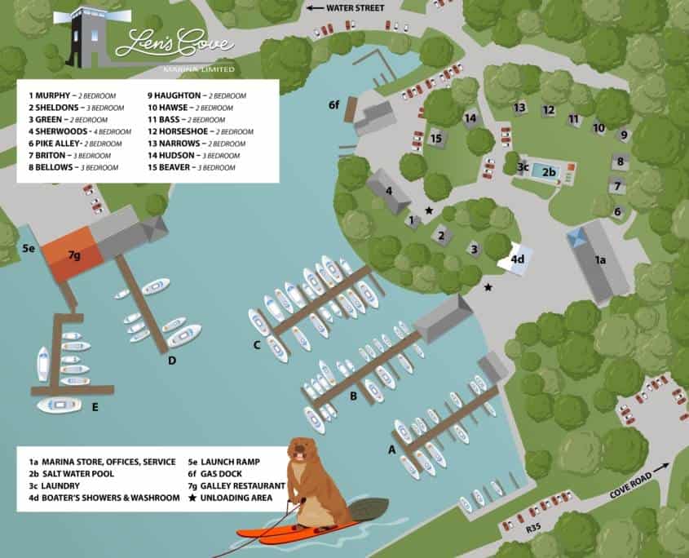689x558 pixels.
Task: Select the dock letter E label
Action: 95,405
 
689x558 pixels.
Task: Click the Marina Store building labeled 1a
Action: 599,260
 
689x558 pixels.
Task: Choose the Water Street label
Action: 356,7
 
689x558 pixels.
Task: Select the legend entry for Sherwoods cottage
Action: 80,131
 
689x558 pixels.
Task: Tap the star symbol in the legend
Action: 193,497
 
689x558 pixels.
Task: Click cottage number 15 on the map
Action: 436,139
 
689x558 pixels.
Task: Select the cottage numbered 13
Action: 519,108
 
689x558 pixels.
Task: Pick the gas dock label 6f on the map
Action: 333,105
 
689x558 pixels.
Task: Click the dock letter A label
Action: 391,449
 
